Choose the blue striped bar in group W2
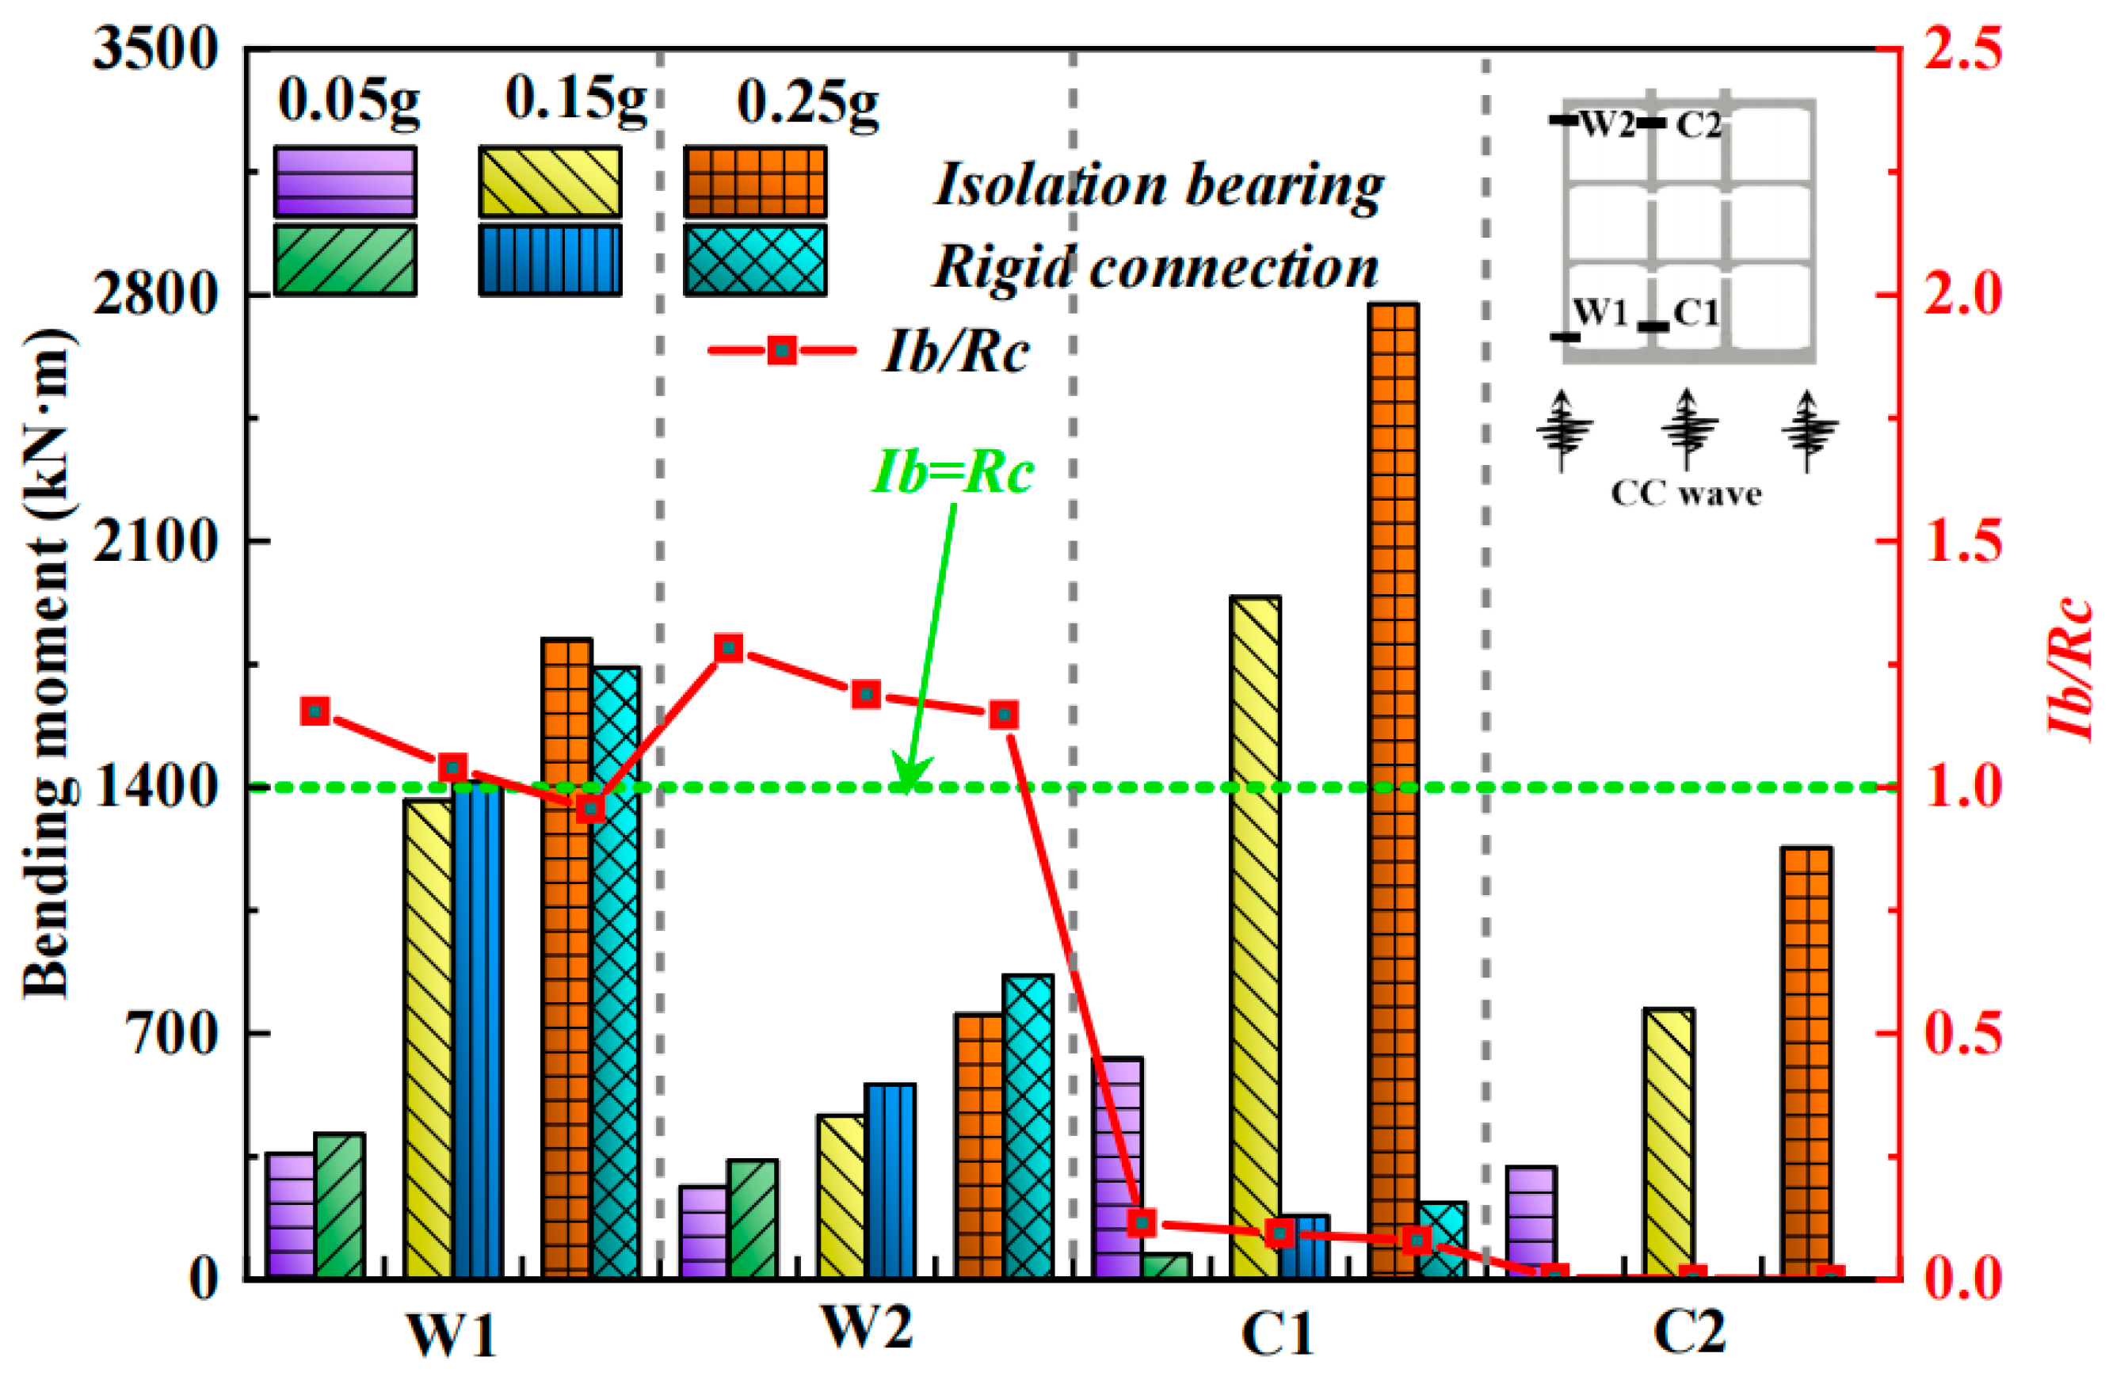click(x=891, y=1179)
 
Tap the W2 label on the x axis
click(x=866, y=1329)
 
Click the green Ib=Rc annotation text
click(x=953, y=471)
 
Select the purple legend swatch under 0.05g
click(x=345, y=181)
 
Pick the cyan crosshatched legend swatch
click(x=755, y=260)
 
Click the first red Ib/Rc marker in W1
click(x=315, y=711)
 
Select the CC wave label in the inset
click(x=1685, y=494)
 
